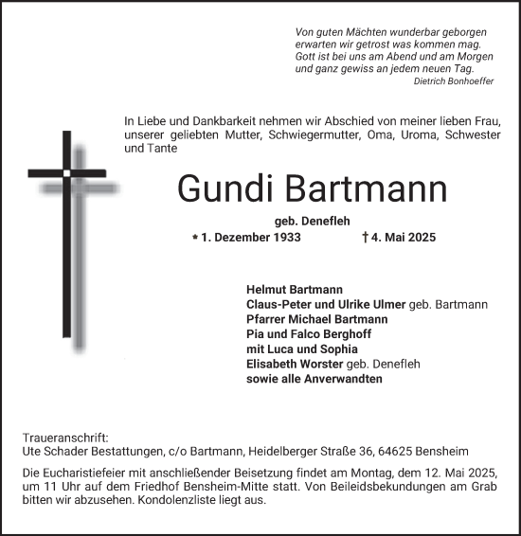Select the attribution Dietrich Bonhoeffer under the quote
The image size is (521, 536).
pos(448,81)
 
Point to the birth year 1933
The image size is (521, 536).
pos(284,238)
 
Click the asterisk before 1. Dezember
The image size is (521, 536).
pos(195,237)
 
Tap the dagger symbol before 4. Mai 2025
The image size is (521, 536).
pos(366,238)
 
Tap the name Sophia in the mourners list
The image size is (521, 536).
pos(338,348)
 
